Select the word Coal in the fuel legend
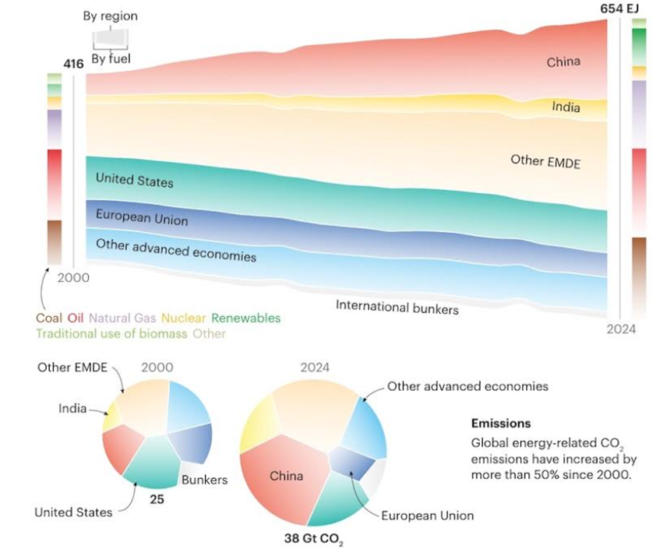click(x=48, y=318)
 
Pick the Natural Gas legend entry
click(x=122, y=318)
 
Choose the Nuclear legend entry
click(x=183, y=318)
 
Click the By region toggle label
click(x=110, y=16)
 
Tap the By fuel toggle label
click(x=110, y=58)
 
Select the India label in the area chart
click(x=566, y=107)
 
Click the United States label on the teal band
click(x=134, y=179)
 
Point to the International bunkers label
click(x=397, y=307)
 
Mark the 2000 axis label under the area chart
click(x=73, y=277)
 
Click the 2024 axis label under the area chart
click(x=621, y=329)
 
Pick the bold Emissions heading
click(x=501, y=424)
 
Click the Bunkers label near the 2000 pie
click(x=204, y=480)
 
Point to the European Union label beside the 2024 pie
click(x=428, y=516)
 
